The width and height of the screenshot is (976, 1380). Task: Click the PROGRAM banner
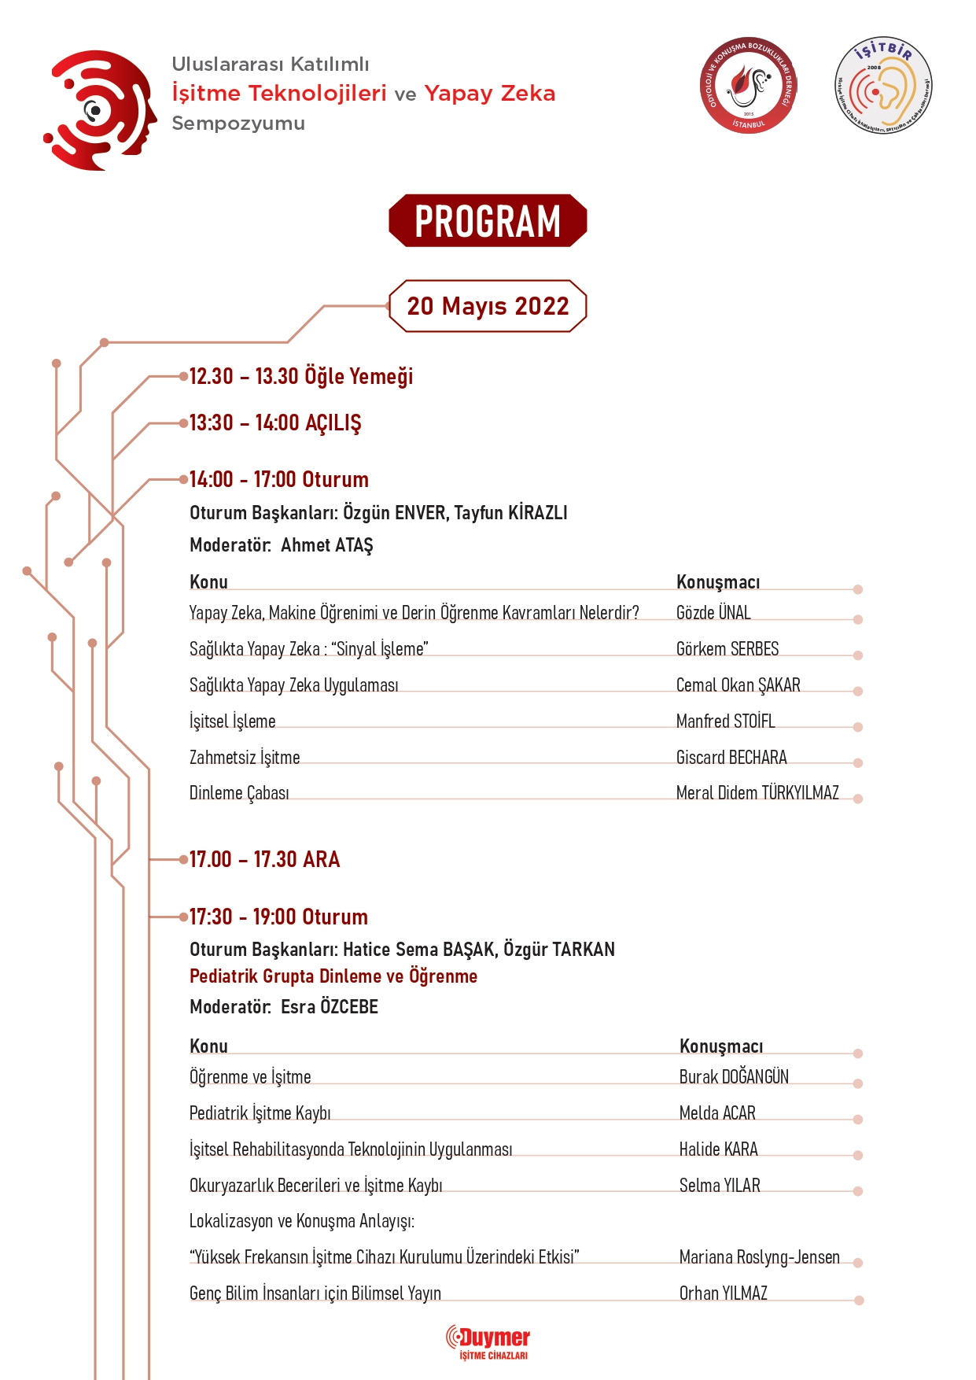488,221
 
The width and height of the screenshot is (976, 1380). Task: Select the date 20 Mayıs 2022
488,306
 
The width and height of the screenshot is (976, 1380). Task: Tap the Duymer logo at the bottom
488,1342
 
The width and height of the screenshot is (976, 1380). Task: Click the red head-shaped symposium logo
101,110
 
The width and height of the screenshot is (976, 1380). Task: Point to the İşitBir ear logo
883,86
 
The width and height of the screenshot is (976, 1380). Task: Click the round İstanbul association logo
748,85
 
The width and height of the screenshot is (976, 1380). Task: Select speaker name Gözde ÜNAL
713,613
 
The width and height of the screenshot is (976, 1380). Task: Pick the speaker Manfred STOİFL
725,721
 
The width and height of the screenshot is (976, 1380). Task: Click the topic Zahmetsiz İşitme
245,758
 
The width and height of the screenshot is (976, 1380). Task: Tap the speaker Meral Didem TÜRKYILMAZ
757,793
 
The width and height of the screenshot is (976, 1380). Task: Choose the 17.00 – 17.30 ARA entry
264,859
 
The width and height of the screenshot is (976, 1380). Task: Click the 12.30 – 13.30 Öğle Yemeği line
300,377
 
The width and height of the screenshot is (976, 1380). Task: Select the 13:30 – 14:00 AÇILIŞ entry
275,423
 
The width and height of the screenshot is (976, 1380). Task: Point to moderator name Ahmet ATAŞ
326,545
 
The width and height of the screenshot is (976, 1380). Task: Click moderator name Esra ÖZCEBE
330,1007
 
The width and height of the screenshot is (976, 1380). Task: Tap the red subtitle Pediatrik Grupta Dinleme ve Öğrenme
333,976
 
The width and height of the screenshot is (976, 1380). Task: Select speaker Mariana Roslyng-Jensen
759,1257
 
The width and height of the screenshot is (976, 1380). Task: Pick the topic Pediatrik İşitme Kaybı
260,1113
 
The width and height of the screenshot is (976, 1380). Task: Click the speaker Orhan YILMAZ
723,1293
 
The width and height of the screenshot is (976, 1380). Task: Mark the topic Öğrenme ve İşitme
250,1077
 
